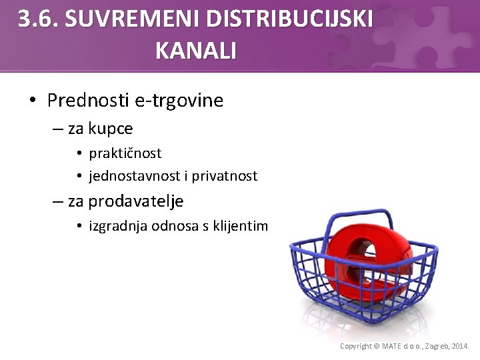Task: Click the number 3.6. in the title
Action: point(39,20)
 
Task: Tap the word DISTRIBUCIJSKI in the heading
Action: point(289,20)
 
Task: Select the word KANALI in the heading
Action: point(195,50)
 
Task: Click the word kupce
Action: point(110,129)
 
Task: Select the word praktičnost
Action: point(125,153)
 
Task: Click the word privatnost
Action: point(225,176)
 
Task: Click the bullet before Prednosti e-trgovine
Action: point(32,101)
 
